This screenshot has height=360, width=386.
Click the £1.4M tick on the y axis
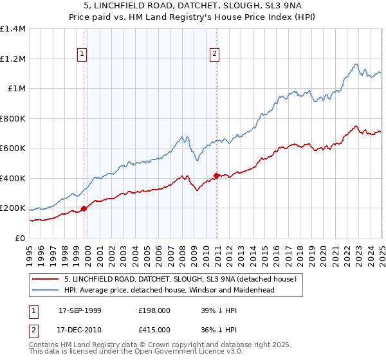[13, 29]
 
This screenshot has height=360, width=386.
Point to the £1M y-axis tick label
[17, 89]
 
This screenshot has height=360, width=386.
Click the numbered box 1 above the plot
[83, 55]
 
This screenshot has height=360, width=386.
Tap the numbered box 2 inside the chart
[214, 55]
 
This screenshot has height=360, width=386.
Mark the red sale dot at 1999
[84, 208]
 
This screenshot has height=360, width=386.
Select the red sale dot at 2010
[216, 175]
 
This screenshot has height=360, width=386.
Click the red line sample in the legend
[46, 279]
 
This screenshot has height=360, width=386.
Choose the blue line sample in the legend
[46, 290]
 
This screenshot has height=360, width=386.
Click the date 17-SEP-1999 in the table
[80, 310]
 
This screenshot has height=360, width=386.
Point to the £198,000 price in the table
[154, 310]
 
